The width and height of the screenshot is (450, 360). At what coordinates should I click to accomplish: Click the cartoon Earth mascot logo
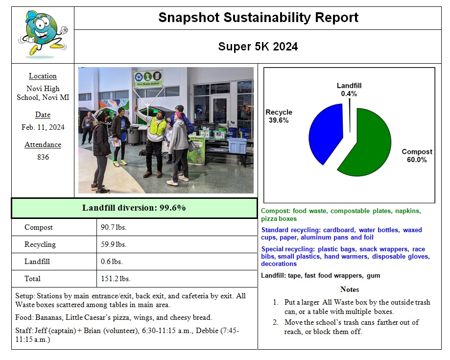[x=43, y=34]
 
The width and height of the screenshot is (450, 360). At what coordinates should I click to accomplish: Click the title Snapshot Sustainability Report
[x=258, y=18]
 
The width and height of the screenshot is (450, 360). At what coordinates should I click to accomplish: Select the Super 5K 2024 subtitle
[x=258, y=47]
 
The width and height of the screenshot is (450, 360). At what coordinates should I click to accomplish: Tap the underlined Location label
[x=43, y=76]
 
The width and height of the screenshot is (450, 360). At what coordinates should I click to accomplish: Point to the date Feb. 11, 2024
[x=43, y=127]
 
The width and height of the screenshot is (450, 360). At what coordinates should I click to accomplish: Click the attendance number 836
[x=43, y=157]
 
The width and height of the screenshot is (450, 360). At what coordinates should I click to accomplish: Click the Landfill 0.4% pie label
[x=349, y=90]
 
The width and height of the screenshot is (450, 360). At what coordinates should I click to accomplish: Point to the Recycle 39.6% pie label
[x=278, y=116]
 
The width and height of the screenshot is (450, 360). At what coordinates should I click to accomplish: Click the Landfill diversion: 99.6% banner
[x=134, y=208]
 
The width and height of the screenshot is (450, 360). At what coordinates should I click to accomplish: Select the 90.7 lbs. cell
[x=113, y=227]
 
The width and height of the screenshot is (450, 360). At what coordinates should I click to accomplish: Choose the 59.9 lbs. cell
[x=113, y=244]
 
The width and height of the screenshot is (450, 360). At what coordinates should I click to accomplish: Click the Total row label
[x=32, y=279]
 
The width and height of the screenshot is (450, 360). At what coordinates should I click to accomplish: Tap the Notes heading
[x=349, y=289]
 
